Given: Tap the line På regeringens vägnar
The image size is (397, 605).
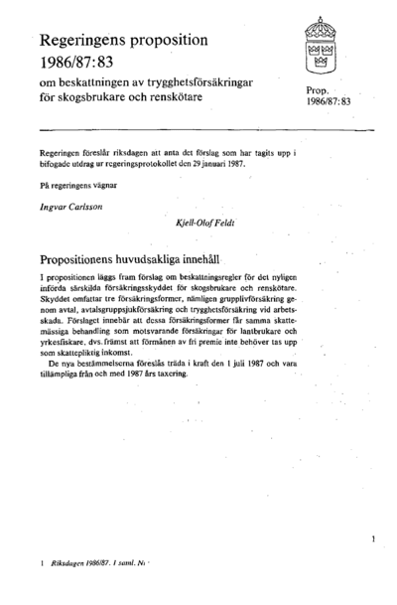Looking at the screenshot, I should pyautogui.click(x=78, y=185).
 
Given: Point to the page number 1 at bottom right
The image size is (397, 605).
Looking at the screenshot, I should pyautogui.click(x=370, y=537).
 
